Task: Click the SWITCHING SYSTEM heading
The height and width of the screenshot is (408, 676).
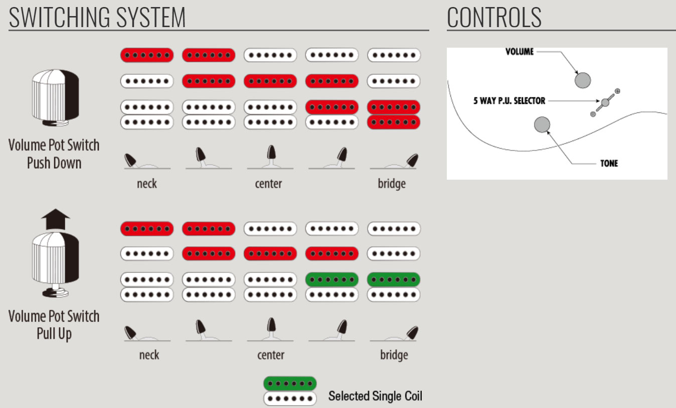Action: (97, 17)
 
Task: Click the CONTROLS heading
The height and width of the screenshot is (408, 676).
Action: (494, 17)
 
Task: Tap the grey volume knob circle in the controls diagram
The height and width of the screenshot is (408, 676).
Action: (583, 80)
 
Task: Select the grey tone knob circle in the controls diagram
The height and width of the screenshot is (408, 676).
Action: (542, 124)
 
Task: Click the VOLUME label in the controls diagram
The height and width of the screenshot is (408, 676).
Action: (520, 52)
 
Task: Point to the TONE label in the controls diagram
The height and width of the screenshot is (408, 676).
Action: (609, 164)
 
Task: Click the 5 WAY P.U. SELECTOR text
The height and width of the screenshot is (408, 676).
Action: (509, 101)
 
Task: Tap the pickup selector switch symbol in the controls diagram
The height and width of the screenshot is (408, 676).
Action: (605, 103)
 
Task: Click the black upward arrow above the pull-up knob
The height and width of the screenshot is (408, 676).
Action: (55, 220)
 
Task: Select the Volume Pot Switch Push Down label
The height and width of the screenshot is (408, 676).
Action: (54, 154)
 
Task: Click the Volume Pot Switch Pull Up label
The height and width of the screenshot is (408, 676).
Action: (54, 325)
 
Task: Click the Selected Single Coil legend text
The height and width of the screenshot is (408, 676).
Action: (375, 396)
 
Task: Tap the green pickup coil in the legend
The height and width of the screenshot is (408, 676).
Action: (290, 384)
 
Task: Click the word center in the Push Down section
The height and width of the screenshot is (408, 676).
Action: (268, 184)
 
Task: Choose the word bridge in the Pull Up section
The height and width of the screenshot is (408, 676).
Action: (394, 355)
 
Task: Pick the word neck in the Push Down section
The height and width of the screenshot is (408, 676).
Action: (146, 184)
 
